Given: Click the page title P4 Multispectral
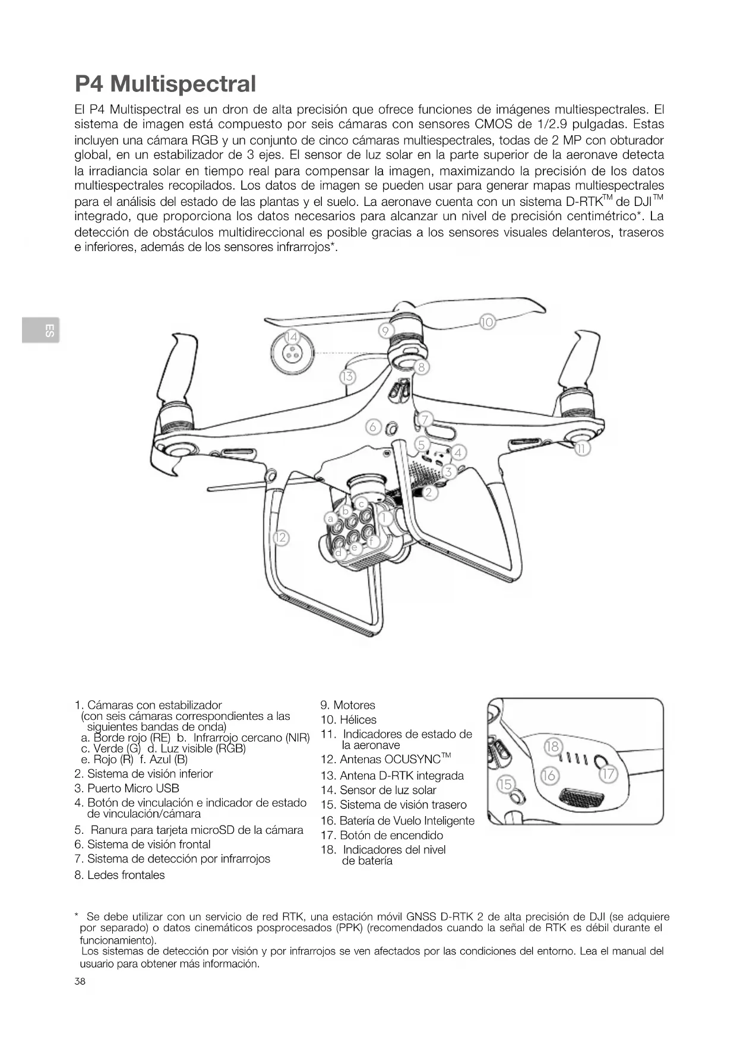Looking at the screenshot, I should click(x=165, y=84).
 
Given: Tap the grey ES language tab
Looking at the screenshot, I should click(x=41, y=330).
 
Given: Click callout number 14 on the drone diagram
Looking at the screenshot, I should click(x=291, y=337).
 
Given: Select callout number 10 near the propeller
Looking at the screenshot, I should click(x=487, y=322).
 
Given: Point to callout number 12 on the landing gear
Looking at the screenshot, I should click(x=280, y=538).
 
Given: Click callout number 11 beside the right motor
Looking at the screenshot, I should click(x=583, y=449).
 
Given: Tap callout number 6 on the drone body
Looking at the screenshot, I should click(x=373, y=427).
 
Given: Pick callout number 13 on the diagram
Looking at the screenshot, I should click(x=347, y=376).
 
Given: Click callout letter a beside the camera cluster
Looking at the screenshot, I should click(x=331, y=518).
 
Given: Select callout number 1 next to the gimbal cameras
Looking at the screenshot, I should click(x=384, y=518).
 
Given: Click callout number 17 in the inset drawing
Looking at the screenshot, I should click(x=609, y=774).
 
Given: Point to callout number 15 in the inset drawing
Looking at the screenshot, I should click(x=505, y=785).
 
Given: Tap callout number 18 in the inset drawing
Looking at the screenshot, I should click(x=552, y=746).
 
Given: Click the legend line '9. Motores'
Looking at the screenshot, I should click(x=348, y=705).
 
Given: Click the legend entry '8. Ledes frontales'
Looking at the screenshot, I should click(x=119, y=875).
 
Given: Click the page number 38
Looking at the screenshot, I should click(x=80, y=981).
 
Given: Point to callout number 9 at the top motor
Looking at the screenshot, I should click(x=385, y=330).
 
